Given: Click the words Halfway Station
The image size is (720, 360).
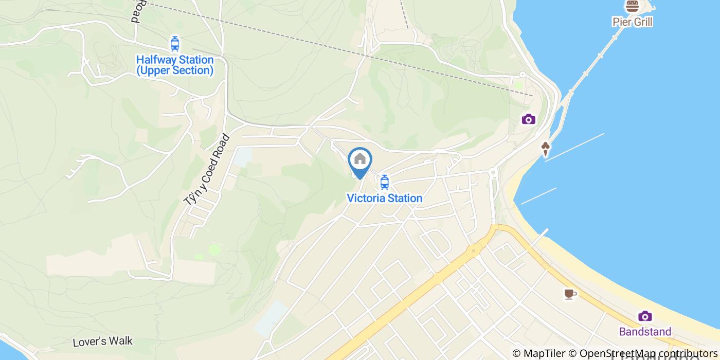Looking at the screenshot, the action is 174,60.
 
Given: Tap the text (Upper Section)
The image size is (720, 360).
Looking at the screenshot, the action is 174,70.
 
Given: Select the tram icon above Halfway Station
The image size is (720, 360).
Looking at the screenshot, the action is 175,44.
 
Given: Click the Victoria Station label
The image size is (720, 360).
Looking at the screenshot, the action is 384,198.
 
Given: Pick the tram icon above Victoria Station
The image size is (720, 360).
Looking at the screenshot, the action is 384,182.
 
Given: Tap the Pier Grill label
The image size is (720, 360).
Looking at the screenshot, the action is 632,22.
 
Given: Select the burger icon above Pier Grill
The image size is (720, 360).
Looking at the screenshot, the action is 632,7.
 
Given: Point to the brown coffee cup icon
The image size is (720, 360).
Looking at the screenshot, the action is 569,294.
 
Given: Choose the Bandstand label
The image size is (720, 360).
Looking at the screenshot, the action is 645,331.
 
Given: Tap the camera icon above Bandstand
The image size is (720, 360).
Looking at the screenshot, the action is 645,316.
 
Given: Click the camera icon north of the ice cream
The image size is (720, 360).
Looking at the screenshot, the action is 528,119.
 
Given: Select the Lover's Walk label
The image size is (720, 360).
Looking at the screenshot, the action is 102,341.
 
